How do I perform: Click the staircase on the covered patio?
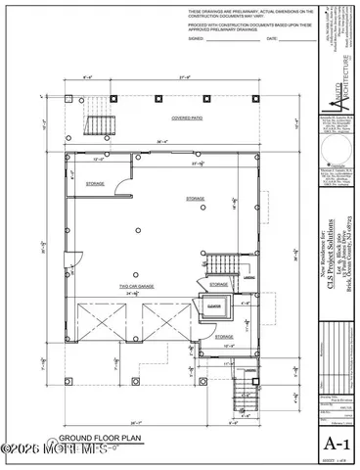pos(100,125)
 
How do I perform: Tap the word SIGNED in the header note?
pos(197,39)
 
